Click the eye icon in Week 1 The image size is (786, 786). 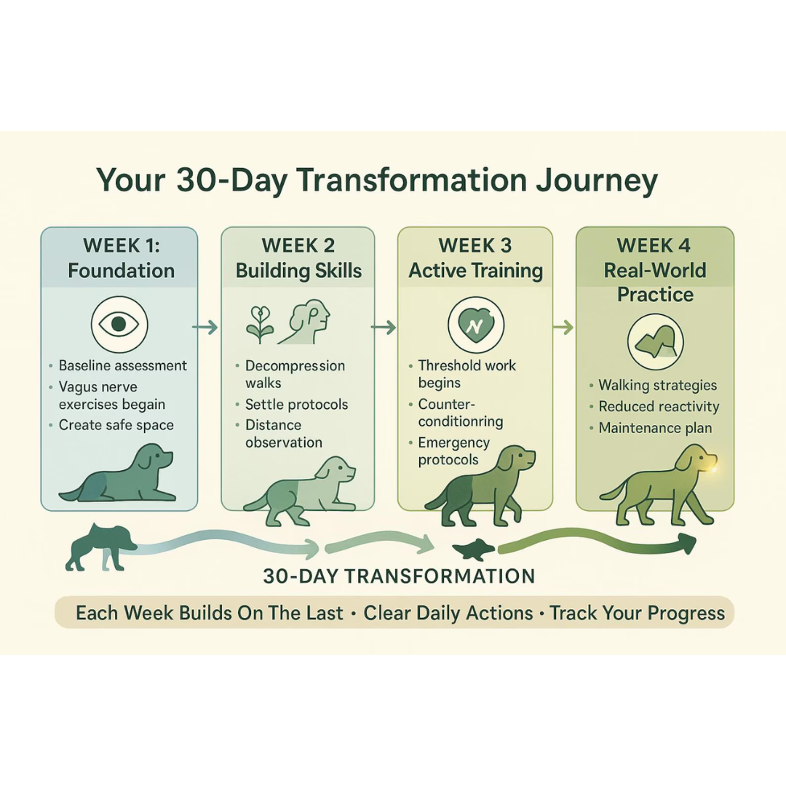coord(119,325)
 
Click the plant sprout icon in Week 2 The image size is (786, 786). coord(260,322)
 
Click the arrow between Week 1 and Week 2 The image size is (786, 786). coord(205,327)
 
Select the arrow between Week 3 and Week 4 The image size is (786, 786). coord(563,327)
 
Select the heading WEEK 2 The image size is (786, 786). coord(298,245)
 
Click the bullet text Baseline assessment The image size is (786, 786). coord(122,365)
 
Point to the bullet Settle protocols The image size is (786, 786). coord(296,405)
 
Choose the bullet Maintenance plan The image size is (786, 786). coord(655,428)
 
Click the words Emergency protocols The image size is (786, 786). coord(453,451)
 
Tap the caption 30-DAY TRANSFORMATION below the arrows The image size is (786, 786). coord(399,576)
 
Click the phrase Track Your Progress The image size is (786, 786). coord(637,613)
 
